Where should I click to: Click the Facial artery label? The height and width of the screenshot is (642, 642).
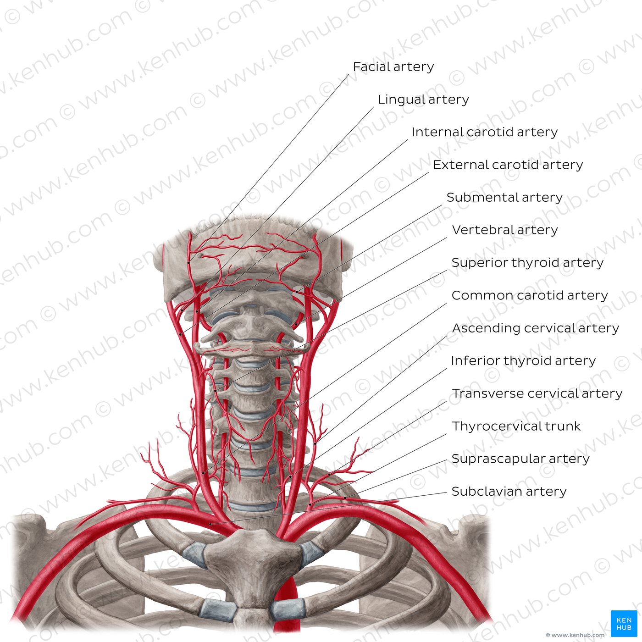[x=393, y=67]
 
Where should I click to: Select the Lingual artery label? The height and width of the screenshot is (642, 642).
[x=423, y=100]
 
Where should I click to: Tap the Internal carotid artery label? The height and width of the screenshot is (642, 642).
[x=484, y=132]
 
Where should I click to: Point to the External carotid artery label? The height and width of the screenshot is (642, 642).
[x=508, y=165]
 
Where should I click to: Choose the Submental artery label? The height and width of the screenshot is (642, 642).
[x=504, y=197]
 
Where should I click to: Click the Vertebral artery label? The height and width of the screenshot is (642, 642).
[x=504, y=230]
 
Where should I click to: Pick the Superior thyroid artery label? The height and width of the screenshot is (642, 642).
[x=527, y=263]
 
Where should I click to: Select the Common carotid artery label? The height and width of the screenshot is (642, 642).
[x=530, y=295]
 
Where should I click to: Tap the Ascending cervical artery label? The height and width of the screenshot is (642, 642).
[x=535, y=328]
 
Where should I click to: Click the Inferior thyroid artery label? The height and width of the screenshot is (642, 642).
[x=523, y=361]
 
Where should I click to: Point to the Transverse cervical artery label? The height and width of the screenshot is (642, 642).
[x=537, y=393]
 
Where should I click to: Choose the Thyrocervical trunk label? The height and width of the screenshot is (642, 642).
[x=516, y=426]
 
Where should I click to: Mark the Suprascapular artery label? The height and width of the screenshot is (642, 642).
[x=520, y=459]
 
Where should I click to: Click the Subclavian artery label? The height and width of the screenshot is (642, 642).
[x=509, y=492]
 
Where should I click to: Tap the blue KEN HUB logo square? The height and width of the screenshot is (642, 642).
[x=624, y=623]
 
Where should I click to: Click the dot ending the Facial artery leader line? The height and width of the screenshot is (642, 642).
[x=188, y=263]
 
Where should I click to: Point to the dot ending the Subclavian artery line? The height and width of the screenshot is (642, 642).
[x=210, y=524]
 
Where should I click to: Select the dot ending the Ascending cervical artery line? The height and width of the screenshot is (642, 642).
[x=315, y=443]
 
